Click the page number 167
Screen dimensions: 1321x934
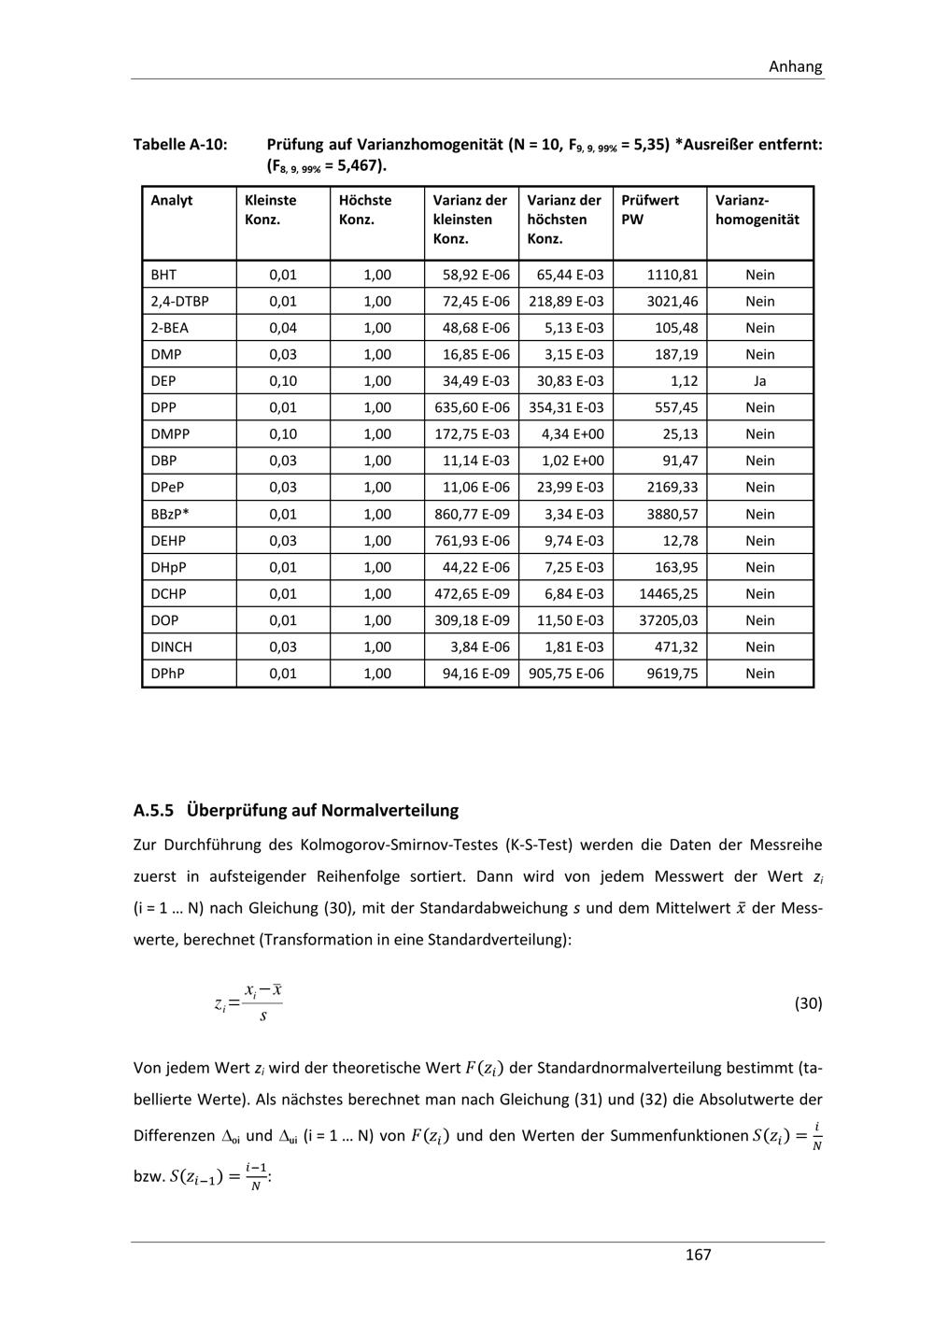[698, 1255]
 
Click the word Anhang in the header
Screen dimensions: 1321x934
[795, 66]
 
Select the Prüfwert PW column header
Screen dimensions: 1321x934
[650, 209]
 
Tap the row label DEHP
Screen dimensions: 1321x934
[168, 541]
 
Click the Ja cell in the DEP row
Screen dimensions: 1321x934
[759, 381]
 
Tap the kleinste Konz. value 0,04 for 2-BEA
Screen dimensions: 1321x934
[283, 328]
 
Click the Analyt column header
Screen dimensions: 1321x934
[172, 200]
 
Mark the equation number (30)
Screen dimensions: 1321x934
[808, 1003]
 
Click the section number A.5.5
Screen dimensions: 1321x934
[154, 810]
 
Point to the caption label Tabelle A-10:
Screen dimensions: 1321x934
[180, 145]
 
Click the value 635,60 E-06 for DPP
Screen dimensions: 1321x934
[473, 407]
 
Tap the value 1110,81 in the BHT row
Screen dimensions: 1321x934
[672, 275]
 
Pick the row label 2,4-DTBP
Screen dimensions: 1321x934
[179, 302]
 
